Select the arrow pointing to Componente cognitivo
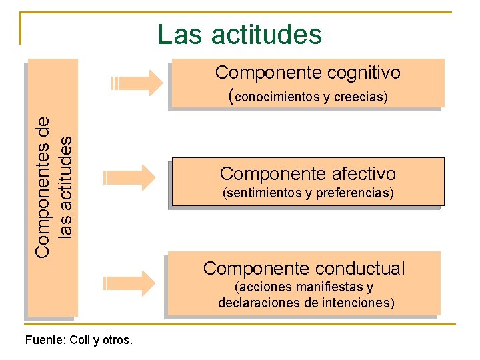click(x=137, y=83)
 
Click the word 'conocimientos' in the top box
click(x=278, y=98)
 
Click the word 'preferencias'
click(x=354, y=194)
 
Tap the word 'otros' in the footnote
click(x=117, y=341)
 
